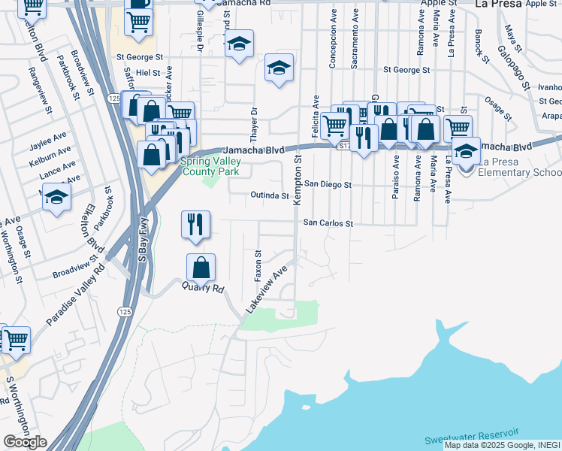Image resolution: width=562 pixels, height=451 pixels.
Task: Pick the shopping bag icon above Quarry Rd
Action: [x=201, y=268]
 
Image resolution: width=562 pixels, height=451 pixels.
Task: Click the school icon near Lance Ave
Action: [x=56, y=198]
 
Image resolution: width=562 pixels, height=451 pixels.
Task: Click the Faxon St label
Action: [x=258, y=263]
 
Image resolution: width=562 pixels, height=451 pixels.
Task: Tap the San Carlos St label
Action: [x=328, y=223]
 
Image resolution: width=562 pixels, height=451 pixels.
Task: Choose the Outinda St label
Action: [x=270, y=196]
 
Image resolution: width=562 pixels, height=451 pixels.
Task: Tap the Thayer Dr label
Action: [x=254, y=120]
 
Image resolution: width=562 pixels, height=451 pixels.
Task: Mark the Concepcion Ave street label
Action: [x=331, y=38]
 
